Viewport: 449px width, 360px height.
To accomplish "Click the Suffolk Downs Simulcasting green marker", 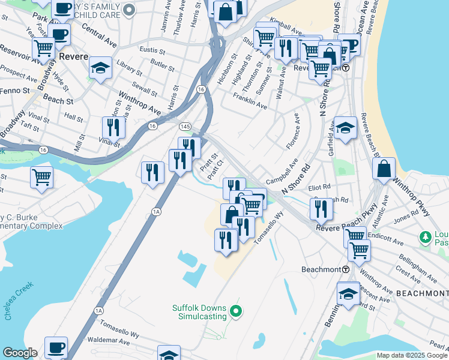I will pos(237,311).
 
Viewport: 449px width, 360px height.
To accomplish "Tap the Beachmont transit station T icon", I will pos(346,269).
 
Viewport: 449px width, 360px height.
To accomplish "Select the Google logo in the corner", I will pos(20,353).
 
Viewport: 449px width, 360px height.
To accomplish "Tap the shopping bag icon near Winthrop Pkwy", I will pos(384,169).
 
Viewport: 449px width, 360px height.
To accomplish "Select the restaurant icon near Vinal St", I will pos(112,126).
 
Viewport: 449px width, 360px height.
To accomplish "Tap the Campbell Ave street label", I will pos(282,172).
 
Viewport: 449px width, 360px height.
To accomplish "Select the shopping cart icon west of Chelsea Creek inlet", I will pos(41,176).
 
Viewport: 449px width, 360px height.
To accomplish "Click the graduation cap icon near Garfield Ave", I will pos(345,128).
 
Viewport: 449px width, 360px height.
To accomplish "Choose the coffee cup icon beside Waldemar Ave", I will pos(56,347).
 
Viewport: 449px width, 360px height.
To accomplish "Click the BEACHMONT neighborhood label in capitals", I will pos(422,293).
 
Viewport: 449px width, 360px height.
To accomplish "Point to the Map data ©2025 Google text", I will pos(412,355).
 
